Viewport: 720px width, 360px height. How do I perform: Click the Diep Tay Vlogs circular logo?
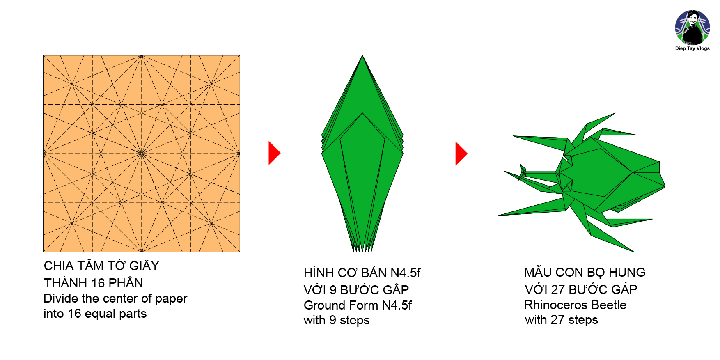pyautogui.click(x=692, y=28)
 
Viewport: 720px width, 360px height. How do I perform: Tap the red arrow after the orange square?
pyautogui.click(x=274, y=153)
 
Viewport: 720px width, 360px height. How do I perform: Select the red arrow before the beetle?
pyautogui.click(x=461, y=154)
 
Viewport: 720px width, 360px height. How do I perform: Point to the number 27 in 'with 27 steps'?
pyautogui.click(x=557, y=320)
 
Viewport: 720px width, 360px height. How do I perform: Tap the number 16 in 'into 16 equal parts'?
pyautogui.click(x=74, y=314)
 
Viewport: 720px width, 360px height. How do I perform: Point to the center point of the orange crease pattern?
pyautogui.click(x=142, y=154)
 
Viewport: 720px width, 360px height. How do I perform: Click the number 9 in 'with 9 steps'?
pyautogui.click(x=332, y=320)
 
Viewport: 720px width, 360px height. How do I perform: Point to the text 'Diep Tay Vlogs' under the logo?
pyautogui.click(x=692, y=48)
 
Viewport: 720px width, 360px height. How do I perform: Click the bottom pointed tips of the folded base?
pyautogui.click(x=362, y=248)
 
